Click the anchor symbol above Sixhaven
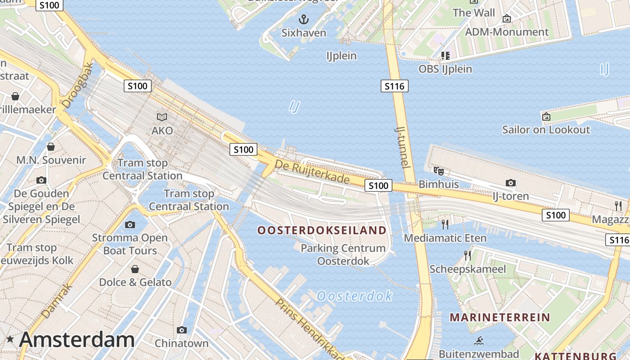click(304, 19)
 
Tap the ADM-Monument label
click(507, 32)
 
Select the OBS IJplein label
click(445, 69)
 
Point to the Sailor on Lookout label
click(546, 130)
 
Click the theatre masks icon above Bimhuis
click(438, 171)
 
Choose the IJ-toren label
click(510, 196)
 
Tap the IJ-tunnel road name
click(403, 147)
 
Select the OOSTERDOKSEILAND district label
click(322, 230)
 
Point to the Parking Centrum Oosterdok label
click(343, 254)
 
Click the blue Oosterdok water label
click(355, 296)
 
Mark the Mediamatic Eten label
click(445, 238)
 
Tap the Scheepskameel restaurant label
click(468, 269)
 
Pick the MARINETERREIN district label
click(500, 317)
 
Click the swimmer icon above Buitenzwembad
click(479, 341)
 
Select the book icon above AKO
click(162, 117)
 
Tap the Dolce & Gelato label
click(135, 282)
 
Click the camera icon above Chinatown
click(182, 330)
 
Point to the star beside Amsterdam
click(10, 340)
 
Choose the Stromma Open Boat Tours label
click(130, 244)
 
